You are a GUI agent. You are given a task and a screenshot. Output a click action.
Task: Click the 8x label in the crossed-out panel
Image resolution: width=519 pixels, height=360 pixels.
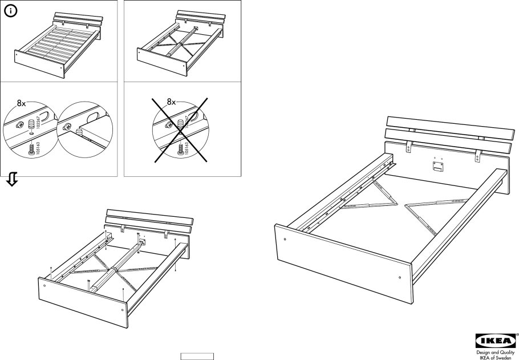coord(172,103)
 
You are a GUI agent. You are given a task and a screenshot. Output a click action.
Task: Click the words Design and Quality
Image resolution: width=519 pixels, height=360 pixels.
coord(496,352)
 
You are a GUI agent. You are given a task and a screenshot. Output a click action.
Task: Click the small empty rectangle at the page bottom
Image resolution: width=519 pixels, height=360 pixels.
coord(197,356)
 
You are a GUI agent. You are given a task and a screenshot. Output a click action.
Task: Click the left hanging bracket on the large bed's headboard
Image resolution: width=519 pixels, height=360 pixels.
coord(409,148)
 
